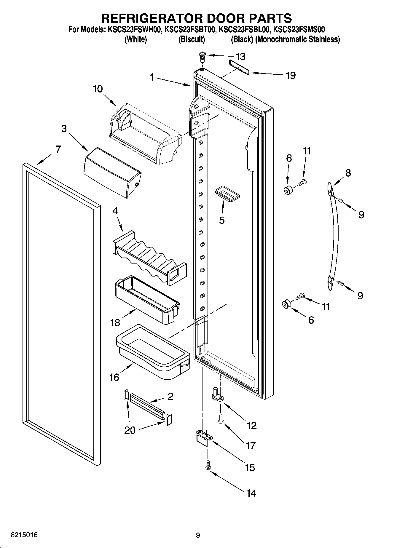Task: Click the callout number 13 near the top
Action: (x=240, y=56)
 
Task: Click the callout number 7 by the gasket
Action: (x=58, y=149)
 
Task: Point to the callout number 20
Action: (x=130, y=430)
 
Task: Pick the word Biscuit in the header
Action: (x=192, y=39)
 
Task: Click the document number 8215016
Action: (x=24, y=535)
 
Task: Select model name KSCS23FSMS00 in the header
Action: (x=299, y=29)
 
